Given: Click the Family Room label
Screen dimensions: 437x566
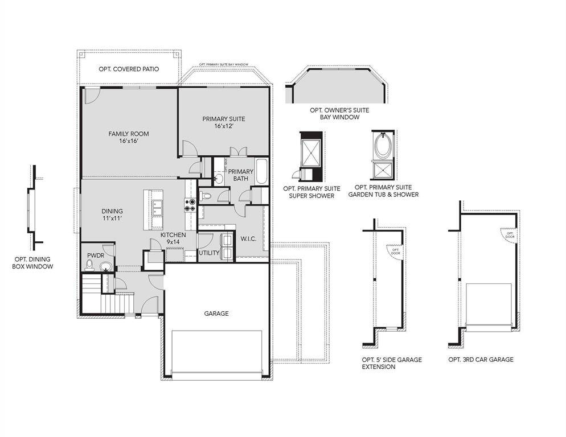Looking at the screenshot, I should click(129, 137).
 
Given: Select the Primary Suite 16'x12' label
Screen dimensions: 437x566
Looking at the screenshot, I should click(224, 122).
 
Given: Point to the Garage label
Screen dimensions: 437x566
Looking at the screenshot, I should click(216, 314).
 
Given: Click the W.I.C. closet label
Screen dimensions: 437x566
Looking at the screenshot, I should click(248, 238).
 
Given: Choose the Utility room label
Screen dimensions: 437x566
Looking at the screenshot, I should click(209, 253).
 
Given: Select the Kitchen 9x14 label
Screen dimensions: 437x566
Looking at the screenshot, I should click(173, 238).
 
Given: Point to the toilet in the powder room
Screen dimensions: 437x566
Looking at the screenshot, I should click(89, 266).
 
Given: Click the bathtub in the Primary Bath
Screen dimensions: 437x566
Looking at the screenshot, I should click(262, 172).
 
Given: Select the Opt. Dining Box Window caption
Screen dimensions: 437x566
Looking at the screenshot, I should click(34, 262).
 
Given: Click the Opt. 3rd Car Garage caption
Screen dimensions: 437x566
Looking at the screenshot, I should click(481, 360).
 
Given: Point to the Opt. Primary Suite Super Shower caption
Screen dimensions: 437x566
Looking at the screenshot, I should click(311, 192).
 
